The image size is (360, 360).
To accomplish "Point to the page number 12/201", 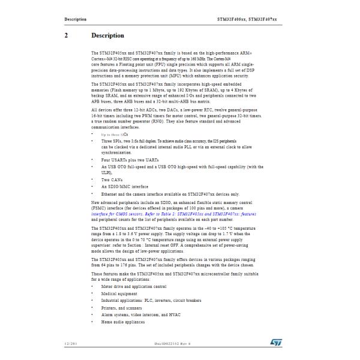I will tap(71, 343).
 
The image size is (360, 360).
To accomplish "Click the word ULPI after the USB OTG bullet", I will tap(107, 171).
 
